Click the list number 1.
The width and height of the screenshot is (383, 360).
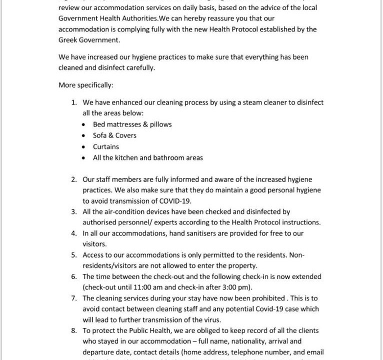coord(73,102)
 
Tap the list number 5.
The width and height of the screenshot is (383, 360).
coord(73,255)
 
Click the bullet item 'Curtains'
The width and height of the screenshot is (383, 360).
coord(106,146)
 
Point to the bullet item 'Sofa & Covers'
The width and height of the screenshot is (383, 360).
coord(114,135)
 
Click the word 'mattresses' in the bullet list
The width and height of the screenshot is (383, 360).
coord(124,124)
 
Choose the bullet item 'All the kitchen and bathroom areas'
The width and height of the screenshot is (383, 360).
coord(148,158)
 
